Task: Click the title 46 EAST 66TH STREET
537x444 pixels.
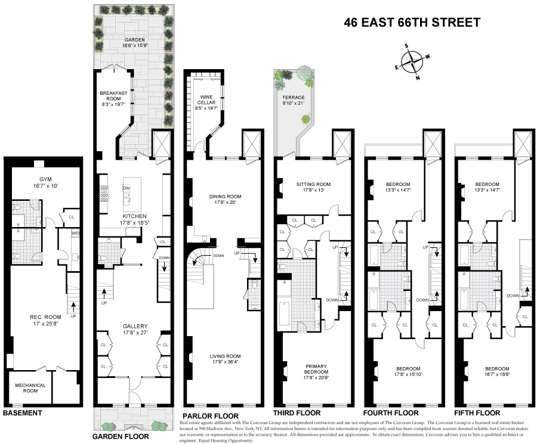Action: [x=412, y=23]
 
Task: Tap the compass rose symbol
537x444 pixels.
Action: [x=412, y=61]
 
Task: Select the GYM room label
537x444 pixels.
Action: [x=41, y=179]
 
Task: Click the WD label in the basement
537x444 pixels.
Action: [x=76, y=232]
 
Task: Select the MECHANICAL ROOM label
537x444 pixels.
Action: [x=30, y=388]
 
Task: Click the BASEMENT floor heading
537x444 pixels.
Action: [x=23, y=413]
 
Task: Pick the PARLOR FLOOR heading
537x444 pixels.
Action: [x=211, y=415]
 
